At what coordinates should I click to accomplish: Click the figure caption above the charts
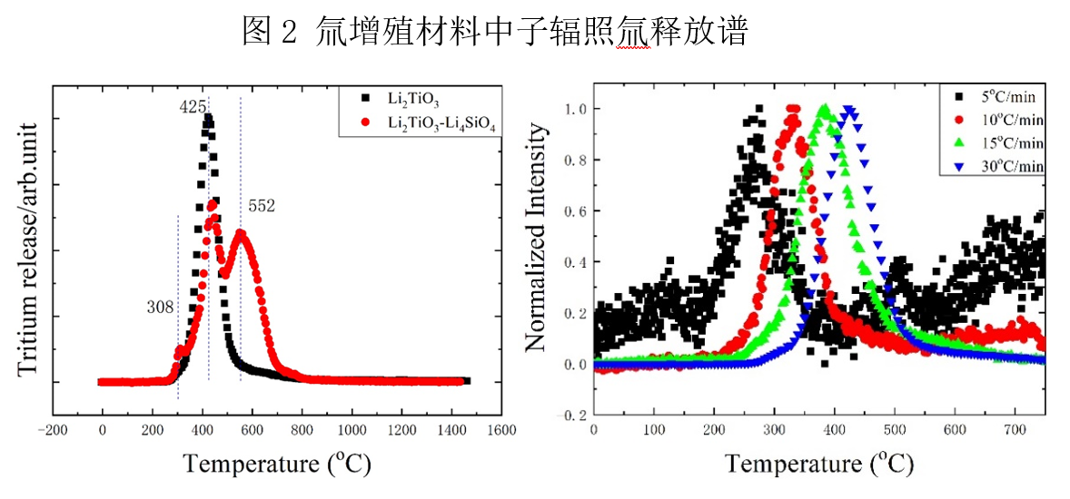point(495,34)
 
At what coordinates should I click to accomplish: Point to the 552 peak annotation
point(262,207)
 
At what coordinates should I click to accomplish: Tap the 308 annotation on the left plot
point(160,308)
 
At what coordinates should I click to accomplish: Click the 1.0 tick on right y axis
point(575,109)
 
